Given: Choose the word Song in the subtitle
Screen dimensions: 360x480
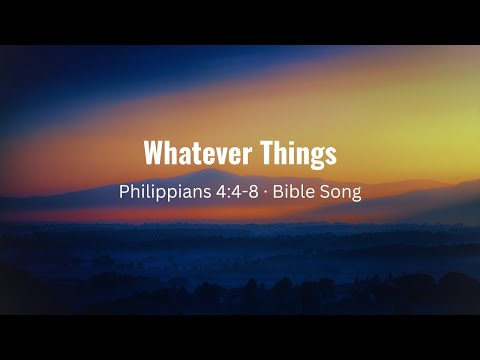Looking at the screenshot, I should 343,190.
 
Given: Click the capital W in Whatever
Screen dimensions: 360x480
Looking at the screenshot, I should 154,153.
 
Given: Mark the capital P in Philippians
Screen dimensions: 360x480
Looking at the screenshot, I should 123,190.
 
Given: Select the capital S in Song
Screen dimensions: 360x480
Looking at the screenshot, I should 328,190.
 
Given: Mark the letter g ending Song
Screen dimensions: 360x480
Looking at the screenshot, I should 357,193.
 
